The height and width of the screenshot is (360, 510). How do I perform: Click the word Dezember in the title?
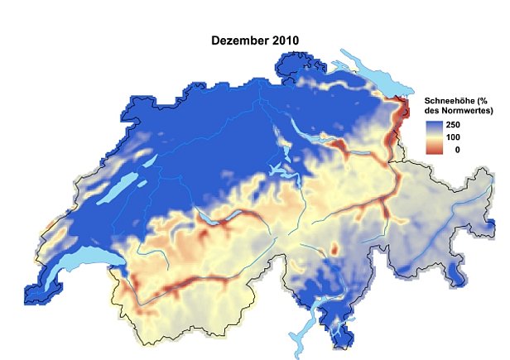(235, 38)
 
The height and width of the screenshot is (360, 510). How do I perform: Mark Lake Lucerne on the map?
(282, 173)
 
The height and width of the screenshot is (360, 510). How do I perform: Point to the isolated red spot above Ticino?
(334, 248)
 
